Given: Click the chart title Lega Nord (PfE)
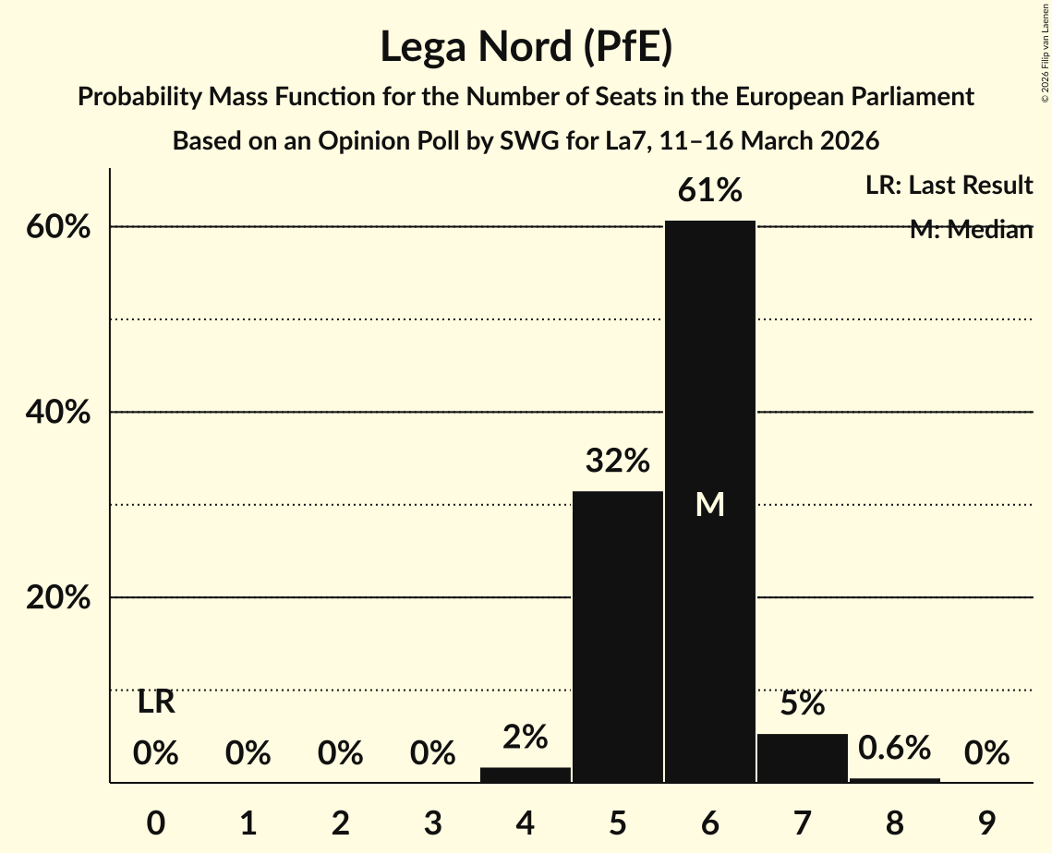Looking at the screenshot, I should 526,47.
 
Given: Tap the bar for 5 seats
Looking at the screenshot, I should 618,637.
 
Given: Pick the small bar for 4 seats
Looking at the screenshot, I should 526,775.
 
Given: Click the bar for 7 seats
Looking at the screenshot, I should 803,758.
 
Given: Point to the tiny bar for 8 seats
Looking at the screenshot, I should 895,780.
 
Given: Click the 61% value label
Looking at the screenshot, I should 710,190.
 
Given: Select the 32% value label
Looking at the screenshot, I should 618,460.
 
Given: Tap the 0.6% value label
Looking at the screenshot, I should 895,748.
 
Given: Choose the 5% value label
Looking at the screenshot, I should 803,703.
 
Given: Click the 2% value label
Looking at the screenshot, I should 526,737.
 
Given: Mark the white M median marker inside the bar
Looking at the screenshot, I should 710,504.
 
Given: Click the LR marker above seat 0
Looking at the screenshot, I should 156,703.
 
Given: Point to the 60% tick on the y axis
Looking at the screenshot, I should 58,227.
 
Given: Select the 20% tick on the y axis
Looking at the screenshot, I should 58,598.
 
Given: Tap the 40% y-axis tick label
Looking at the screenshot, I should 58,413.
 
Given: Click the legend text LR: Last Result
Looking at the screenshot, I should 949,186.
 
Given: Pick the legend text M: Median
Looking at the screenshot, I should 971,230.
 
